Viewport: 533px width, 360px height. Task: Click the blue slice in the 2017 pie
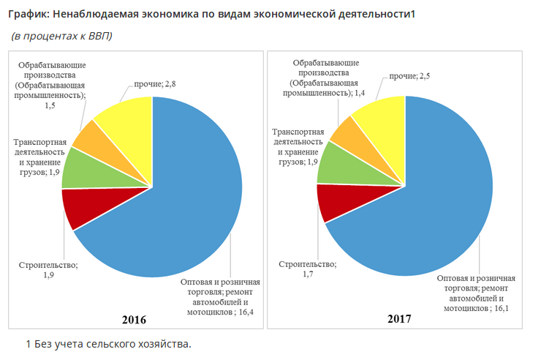tap(439, 198)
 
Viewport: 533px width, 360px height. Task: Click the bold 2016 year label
tap(134, 320)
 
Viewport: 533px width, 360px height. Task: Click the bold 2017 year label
tap(399, 319)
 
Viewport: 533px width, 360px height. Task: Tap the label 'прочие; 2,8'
tap(154, 85)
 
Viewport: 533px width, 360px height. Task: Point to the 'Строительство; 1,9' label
tap(48, 270)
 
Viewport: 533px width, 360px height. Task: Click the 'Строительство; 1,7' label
tap(307, 269)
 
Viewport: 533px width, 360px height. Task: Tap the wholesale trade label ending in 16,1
tap(476, 293)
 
